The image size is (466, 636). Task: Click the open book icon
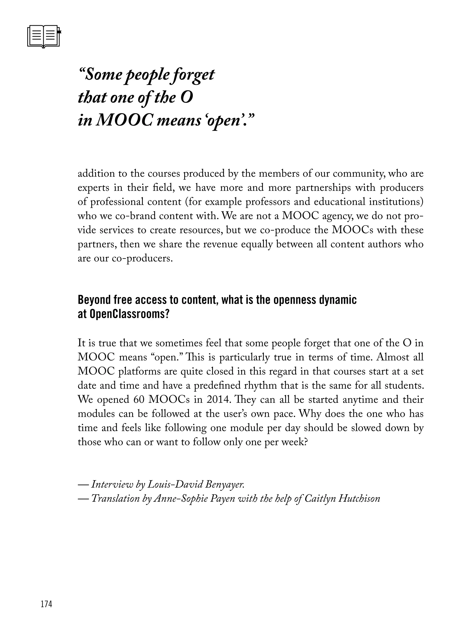(44, 36)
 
